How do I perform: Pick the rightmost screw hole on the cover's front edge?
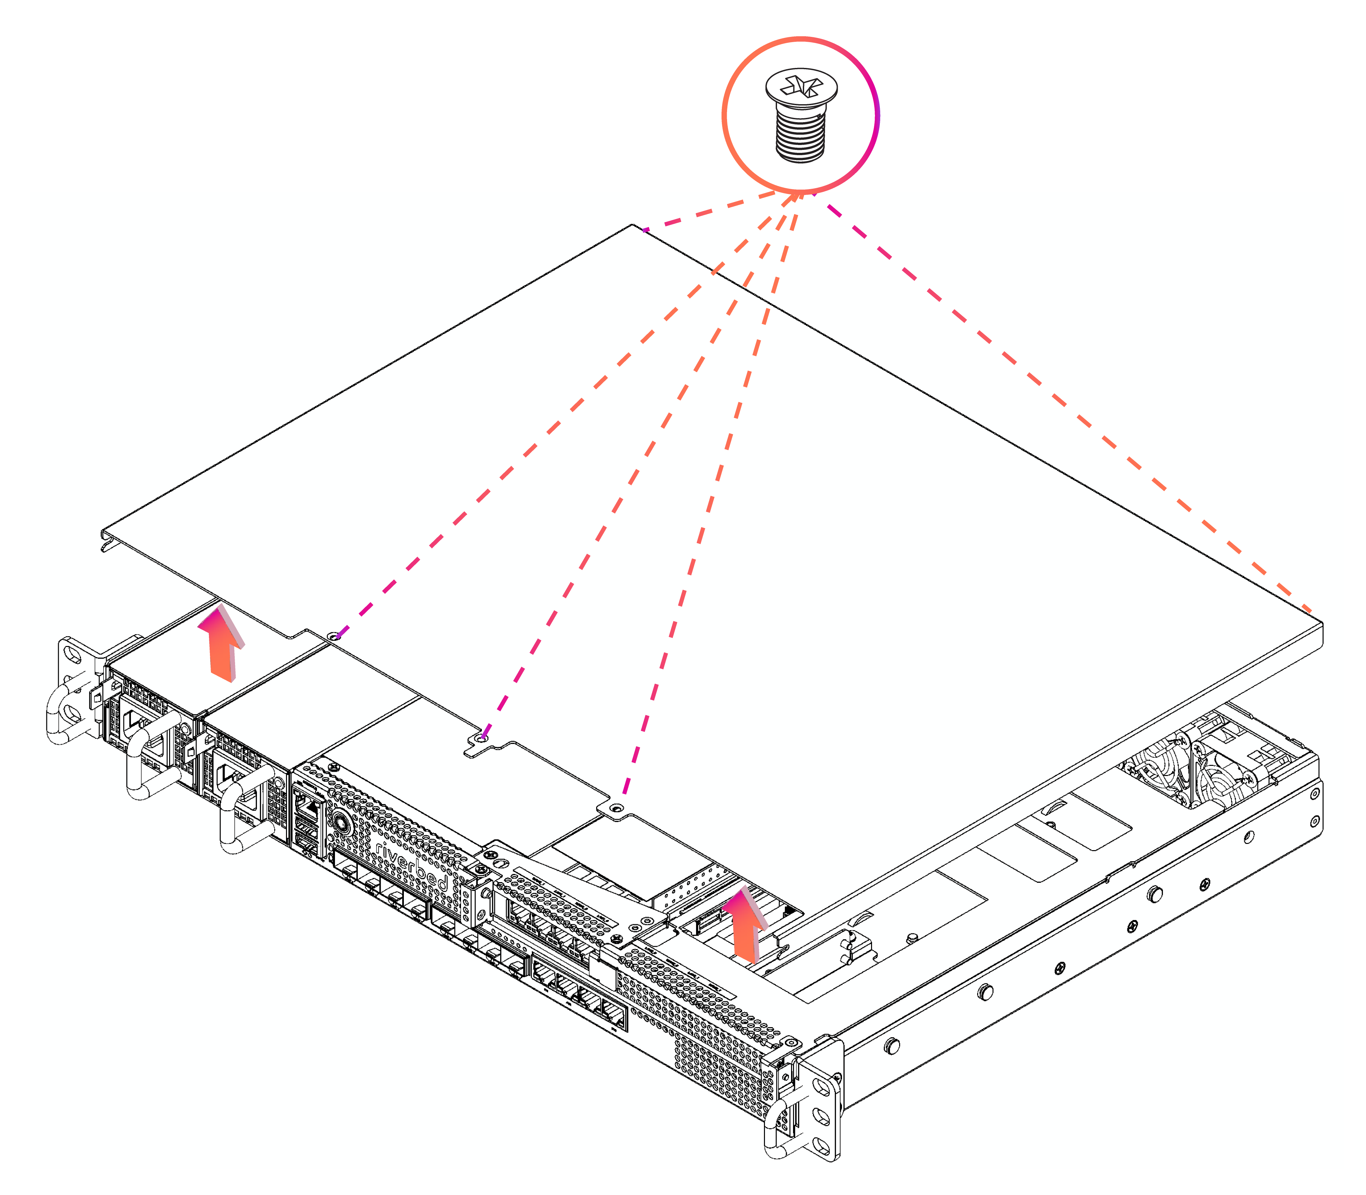click(x=617, y=808)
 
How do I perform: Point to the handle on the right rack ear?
click(x=777, y=1127)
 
